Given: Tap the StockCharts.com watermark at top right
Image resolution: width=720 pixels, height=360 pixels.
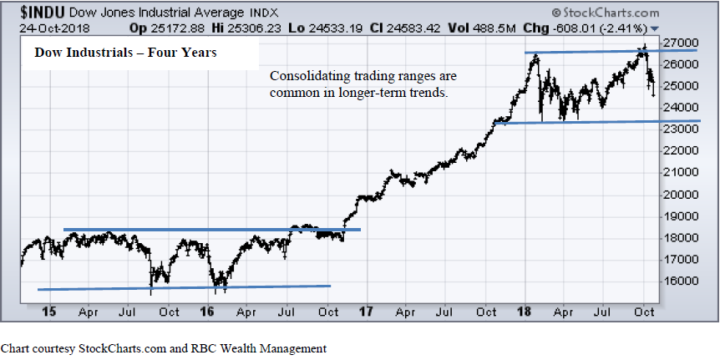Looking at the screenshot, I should coord(607,13).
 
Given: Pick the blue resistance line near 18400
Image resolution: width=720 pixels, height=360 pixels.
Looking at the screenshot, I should coord(209,229).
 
